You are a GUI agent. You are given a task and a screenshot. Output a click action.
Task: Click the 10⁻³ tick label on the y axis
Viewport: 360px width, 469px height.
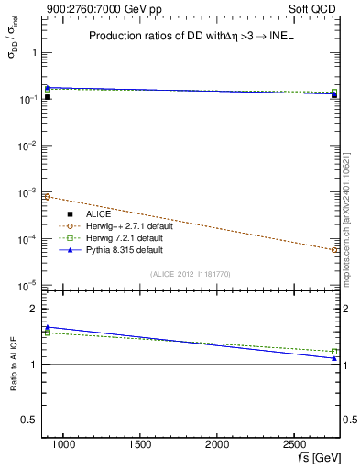tap(30, 192)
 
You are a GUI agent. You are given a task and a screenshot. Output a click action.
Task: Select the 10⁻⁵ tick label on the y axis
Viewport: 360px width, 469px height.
tap(30, 286)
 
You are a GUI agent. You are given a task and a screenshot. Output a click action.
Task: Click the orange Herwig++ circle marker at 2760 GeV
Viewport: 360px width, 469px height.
tap(334, 249)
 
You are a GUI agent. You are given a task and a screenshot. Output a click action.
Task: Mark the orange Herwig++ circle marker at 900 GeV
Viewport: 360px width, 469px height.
tap(48, 197)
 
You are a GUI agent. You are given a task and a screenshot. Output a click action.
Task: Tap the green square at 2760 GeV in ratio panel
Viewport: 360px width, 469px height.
tap(334, 351)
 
